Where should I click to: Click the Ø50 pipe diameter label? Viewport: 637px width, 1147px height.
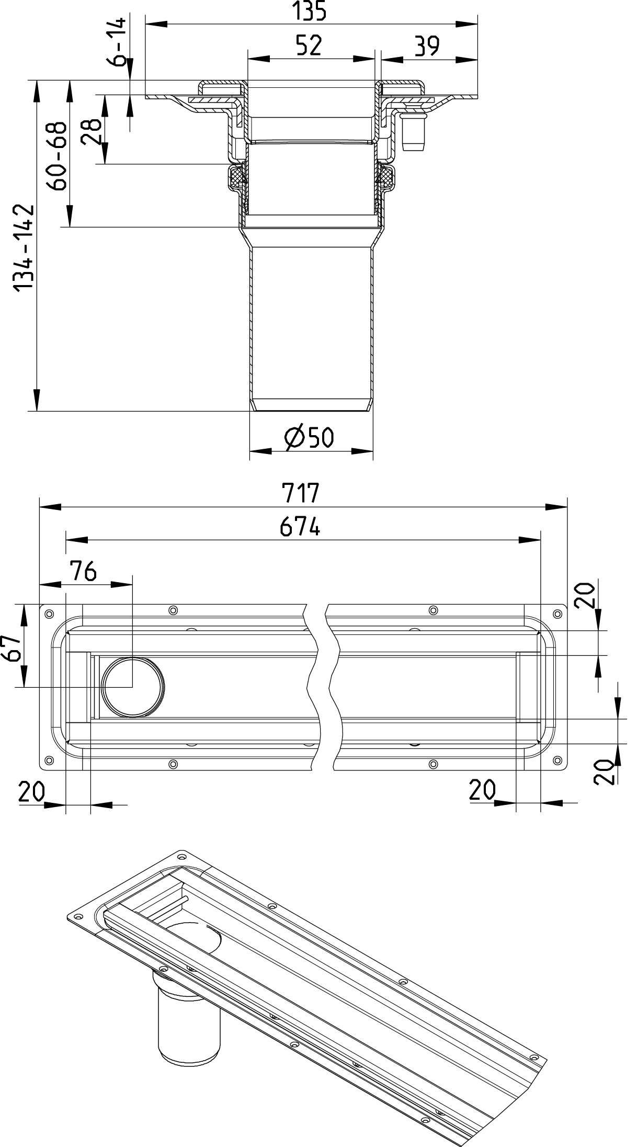(x=309, y=437)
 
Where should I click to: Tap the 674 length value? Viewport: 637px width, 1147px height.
(x=300, y=528)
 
